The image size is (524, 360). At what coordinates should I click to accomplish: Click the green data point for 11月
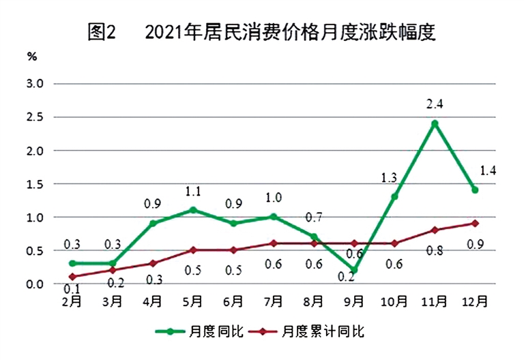point(435,123)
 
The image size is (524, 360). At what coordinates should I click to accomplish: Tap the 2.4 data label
point(435,105)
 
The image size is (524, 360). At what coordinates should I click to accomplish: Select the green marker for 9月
point(354,270)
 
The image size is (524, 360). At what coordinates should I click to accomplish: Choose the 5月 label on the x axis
point(192,301)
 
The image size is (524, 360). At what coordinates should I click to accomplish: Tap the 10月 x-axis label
point(394,301)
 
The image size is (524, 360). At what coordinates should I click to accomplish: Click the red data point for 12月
point(475,223)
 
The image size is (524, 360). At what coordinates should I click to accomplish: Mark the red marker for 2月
point(72,277)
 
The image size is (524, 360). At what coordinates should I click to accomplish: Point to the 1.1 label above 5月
point(192,192)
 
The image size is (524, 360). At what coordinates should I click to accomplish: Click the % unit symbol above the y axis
point(32,57)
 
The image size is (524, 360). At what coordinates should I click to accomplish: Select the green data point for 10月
point(394,196)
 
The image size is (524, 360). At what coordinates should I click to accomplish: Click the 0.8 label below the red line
point(435,250)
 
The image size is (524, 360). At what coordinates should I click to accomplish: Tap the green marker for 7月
point(274,217)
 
